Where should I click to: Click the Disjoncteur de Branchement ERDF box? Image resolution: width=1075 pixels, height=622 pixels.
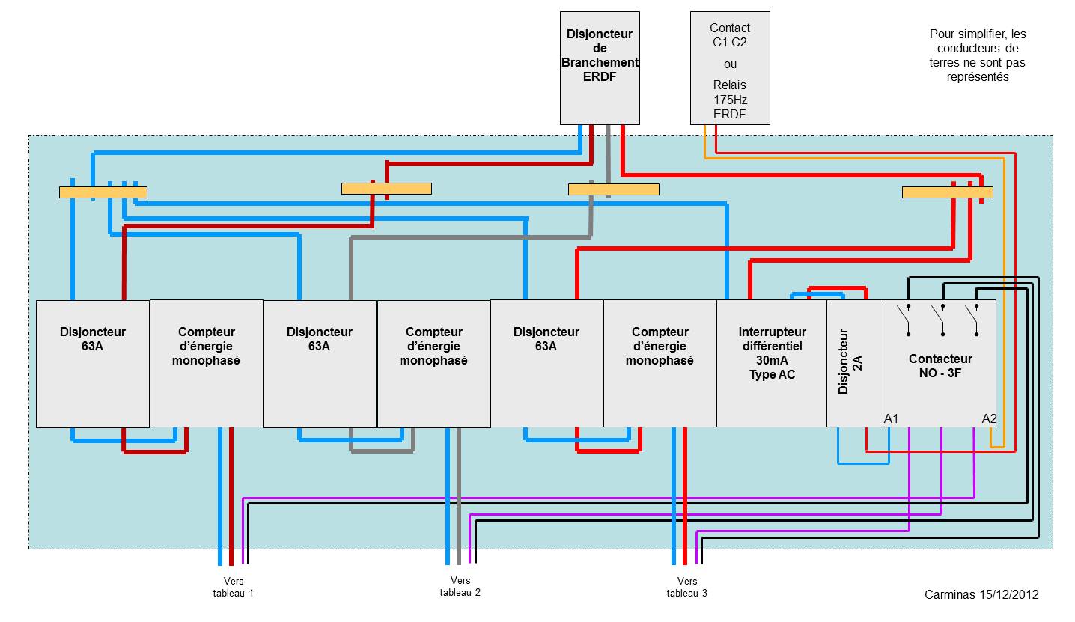point(600,67)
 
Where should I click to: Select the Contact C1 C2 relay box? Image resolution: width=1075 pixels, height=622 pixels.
point(730,67)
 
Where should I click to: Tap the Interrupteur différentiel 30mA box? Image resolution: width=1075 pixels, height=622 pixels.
point(772,363)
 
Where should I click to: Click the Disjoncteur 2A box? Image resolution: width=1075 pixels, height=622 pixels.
point(854,363)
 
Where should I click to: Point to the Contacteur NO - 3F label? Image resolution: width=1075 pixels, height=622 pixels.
point(940,365)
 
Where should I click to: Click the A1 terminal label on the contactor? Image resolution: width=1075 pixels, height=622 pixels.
point(891,418)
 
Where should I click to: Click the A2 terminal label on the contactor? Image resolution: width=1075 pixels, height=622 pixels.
point(989,418)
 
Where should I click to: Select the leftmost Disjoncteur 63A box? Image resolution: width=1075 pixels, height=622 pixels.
point(93,363)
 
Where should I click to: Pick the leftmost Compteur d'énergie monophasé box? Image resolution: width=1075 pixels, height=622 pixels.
point(206,363)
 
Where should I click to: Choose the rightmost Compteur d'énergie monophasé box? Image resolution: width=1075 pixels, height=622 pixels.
point(660,363)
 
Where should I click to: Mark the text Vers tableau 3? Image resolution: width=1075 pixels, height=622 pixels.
point(686,587)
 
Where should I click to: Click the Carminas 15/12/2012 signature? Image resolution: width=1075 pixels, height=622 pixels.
point(981,594)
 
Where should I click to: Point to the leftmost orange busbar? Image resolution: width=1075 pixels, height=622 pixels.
point(103,192)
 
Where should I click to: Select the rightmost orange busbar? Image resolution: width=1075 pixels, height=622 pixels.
point(947,192)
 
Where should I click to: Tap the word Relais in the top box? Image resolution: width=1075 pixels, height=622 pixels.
point(729,85)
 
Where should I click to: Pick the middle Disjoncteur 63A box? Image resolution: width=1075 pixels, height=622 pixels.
point(320,363)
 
